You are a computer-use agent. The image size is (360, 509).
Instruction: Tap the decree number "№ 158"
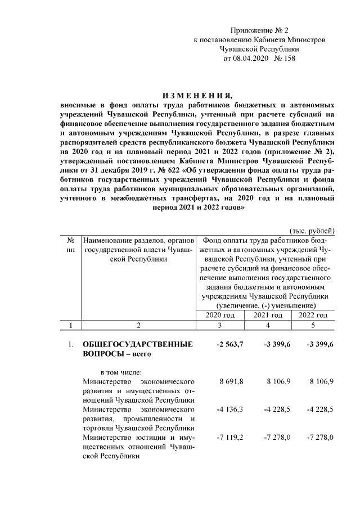click(284, 58)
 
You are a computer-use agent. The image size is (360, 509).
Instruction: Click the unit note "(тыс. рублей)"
click(312, 231)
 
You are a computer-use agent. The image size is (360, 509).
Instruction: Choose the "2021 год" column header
click(268, 315)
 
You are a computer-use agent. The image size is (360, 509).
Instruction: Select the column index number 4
click(268, 325)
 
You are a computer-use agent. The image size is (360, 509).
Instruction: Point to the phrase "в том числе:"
click(121, 371)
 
